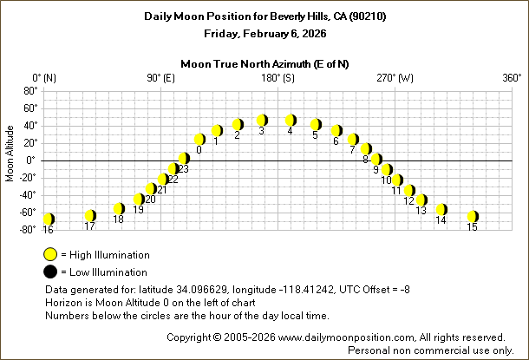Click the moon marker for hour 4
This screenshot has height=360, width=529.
click(x=291, y=120)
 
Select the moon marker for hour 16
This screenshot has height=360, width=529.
click(x=49, y=219)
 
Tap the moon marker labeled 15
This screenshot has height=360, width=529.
click(x=473, y=216)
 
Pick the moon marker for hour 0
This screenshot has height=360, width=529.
click(x=199, y=139)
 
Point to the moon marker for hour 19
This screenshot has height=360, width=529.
click(x=139, y=200)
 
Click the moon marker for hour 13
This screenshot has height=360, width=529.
click(x=421, y=200)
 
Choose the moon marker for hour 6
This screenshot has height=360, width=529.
click(x=336, y=131)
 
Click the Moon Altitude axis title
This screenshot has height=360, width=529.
click(x=10, y=160)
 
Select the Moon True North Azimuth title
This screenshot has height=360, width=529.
click(x=264, y=63)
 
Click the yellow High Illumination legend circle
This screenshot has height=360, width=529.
click(x=51, y=255)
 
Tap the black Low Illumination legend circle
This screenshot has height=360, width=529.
click(x=51, y=271)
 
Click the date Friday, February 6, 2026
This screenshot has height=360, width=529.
click(x=264, y=35)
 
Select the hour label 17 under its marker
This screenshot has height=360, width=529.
click(x=89, y=226)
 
